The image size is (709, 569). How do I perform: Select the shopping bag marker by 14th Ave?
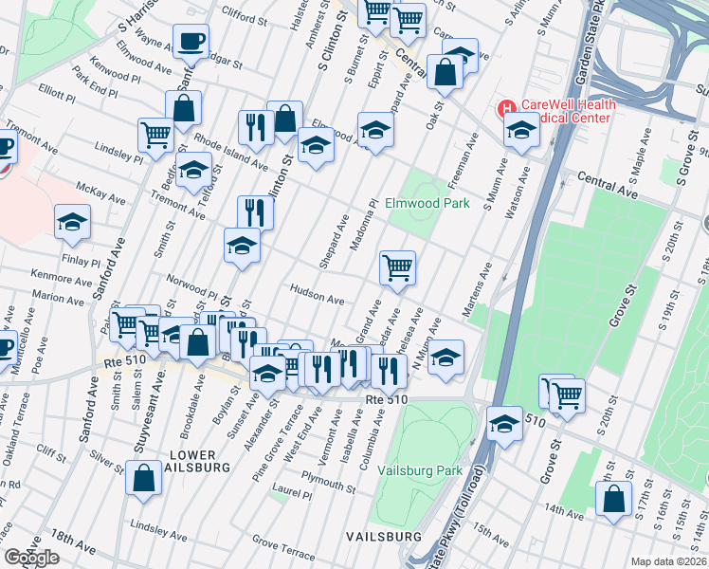(614, 500)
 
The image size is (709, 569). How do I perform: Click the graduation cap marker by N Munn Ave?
(445, 358)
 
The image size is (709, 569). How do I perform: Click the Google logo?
(31, 558)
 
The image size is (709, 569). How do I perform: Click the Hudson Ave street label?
(318, 295)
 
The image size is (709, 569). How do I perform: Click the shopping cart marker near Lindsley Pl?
(156, 134)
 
